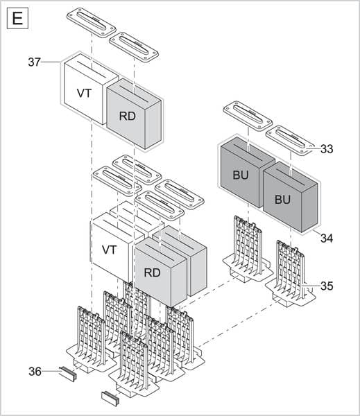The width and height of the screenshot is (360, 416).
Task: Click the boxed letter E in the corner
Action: (x=17, y=18)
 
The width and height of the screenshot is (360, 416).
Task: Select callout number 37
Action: (x=34, y=62)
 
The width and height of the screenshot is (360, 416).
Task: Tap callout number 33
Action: (x=326, y=148)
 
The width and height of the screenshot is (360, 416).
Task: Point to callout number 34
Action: (x=326, y=238)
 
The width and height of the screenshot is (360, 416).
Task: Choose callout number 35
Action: (x=326, y=286)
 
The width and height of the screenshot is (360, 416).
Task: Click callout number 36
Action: (x=34, y=372)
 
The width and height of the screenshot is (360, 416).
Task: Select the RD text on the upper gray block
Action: (x=128, y=116)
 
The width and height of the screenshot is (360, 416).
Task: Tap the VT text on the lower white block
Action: (x=110, y=250)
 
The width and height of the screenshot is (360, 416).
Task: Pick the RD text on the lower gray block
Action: (x=152, y=272)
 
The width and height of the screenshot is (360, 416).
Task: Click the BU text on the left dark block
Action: (x=240, y=176)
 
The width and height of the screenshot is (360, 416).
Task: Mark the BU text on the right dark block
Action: (x=282, y=200)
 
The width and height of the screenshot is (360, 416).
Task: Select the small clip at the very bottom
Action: (x=111, y=397)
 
